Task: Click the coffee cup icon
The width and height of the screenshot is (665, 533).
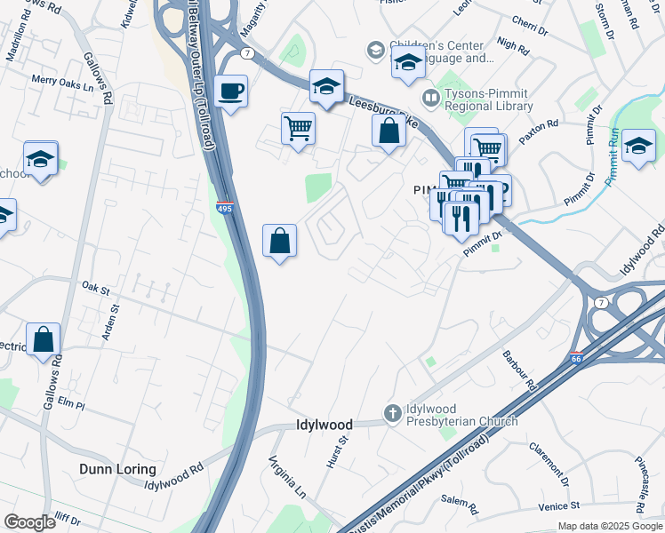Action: point(231,91)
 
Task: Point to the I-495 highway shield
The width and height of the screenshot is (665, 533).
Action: point(225,207)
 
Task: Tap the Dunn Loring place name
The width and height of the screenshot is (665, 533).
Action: point(117,469)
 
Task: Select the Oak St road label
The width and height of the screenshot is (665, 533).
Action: point(94,288)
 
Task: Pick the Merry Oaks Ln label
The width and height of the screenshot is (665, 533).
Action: point(62,84)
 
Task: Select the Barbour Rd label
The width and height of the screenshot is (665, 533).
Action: point(520,370)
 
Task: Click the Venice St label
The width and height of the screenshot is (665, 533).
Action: point(559,506)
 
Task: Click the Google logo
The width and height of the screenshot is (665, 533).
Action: point(29,522)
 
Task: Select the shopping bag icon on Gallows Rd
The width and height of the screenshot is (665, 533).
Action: point(43,339)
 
